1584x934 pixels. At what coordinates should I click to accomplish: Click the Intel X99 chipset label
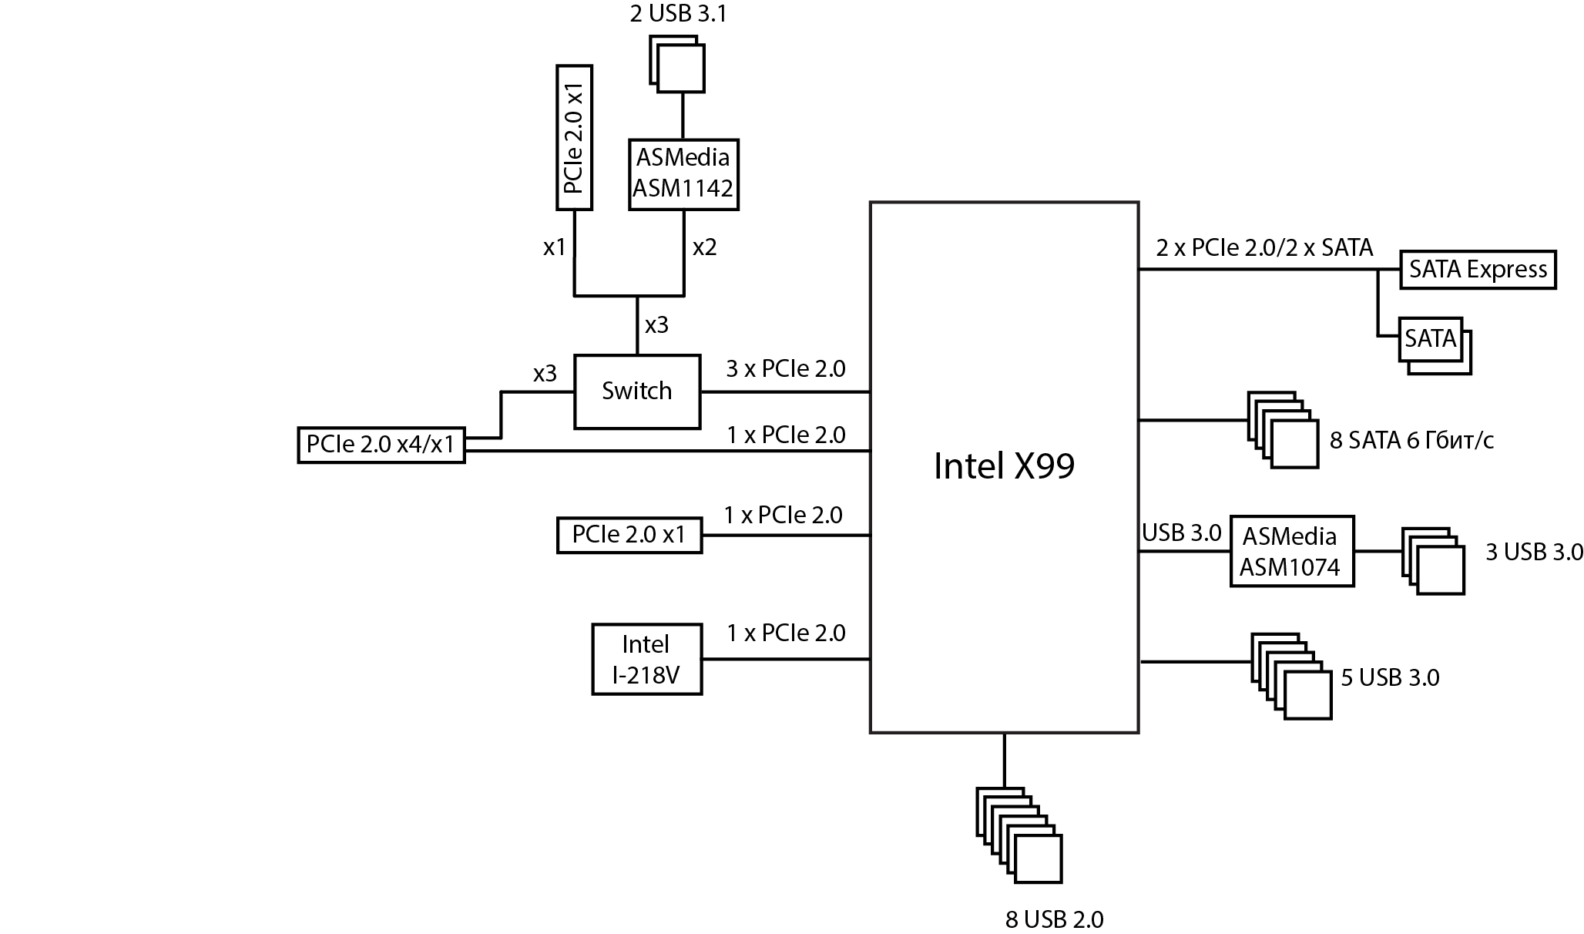pyautogui.click(x=1003, y=466)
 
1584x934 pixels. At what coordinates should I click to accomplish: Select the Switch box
pyautogui.click(x=636, y=391)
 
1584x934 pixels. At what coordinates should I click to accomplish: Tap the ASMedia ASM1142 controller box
pyautogui.click(x=683, y=173)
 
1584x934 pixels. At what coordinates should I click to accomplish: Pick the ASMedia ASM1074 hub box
pyautogui.click(x=1291, y=552)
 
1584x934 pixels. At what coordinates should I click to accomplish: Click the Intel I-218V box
pyautogui.click(x=646, y=660)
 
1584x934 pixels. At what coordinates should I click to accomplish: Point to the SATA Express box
pyautogui.click(x=1477, y=270)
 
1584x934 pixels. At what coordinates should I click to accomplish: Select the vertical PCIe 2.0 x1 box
pyautogui.click(x=574, y=137)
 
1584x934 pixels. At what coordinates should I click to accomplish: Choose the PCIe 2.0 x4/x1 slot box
pyautogui.click(x=381, y=445)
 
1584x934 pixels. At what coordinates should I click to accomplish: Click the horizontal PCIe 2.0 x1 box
pyautogui.click(x=629, y=535)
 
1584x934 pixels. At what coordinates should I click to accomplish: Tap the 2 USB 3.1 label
pyautogui.click(x=677, y=14)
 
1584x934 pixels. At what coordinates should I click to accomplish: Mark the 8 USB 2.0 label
pyautogui.click(x=1054, y=919)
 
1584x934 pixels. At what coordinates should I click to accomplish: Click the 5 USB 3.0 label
pyautogui.click(x=1390, y=678)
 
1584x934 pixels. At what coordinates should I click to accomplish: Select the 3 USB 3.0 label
pyautogui.click(x=1533, y=553)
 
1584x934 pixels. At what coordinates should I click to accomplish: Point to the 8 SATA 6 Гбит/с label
pyautogui.click(x=1411, y=441)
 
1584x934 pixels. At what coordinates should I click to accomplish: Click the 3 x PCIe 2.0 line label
pyautogui.click(x=785, y=369)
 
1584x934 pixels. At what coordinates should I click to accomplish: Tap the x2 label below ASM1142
pyautogui.click(x=704, y=247)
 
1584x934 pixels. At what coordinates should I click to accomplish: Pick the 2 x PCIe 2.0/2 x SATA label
pyautogui.click(x=1264, y=248)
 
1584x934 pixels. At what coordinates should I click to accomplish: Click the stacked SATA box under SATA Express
pyautogui.click(x=1431, y=341)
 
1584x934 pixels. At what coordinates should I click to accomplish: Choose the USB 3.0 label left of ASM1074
pyautogui.click(x=1181, y=533)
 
